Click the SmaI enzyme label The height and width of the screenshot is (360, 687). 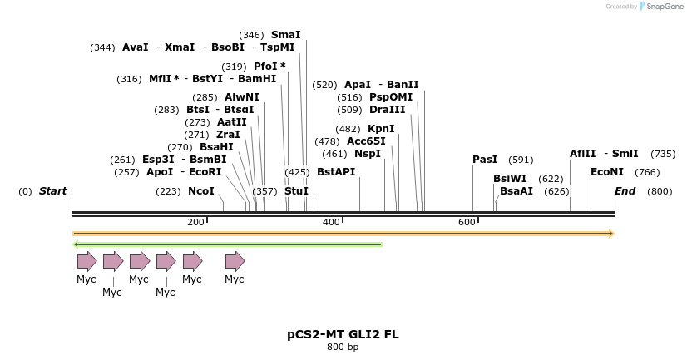coord(285,35)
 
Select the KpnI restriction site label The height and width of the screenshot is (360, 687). coord(381,129)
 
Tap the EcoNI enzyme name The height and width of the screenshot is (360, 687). coord(607,172)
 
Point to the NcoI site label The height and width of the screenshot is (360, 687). coord(201,191)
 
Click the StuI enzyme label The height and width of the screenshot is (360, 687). coord(296,191)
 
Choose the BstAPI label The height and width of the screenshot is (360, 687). coord(336,172)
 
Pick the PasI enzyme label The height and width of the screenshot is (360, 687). coord(485,160)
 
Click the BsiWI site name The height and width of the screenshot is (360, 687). coord(510,179)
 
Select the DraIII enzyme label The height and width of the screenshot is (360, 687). coord(388,110)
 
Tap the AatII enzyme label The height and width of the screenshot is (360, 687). coord(232,122)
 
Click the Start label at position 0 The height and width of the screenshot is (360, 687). coord(52,191)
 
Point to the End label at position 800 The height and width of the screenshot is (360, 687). coord(625,191)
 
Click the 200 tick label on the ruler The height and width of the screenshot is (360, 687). coord(195,222)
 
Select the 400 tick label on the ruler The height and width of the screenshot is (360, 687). coord(331,222)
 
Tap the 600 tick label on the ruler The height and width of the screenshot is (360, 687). coord(467,222)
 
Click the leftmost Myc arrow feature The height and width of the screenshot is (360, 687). coord(86,261)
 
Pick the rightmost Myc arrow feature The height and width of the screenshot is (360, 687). coord(235,261)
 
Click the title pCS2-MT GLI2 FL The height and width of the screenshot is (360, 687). coord(343,334)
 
